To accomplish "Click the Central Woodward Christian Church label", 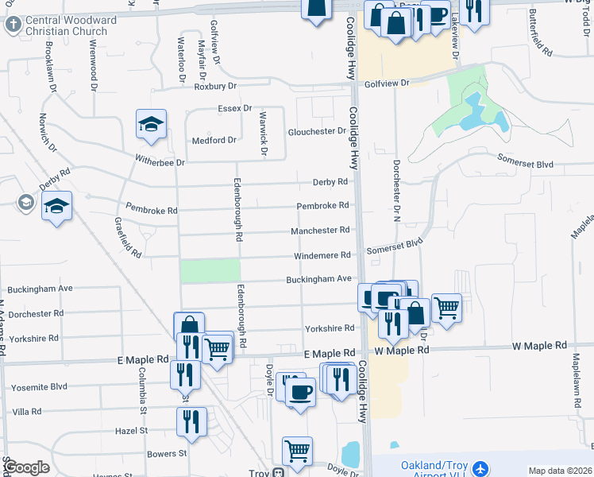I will coord(71,25).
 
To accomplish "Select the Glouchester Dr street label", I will coord(317,131).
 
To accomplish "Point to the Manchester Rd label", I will coord(320,230).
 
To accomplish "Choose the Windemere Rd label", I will coord(322,255).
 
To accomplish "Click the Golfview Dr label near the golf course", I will coord(387,83).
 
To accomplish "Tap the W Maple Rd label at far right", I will coord(539,346).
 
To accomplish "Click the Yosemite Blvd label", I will coord(39,388).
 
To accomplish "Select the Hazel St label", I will coord(132,430).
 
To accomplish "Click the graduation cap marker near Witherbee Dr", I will coord(151,124).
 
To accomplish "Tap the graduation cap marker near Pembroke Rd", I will coord(56,207).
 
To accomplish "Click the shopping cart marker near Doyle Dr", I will coord(297,451).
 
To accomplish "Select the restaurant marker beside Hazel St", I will coord(191,421).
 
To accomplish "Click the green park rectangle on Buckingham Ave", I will coord(210,271).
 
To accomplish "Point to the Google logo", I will coord(27,467).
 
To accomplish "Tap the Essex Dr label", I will coord(235,108).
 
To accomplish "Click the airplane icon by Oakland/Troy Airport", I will coord(479,469).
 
